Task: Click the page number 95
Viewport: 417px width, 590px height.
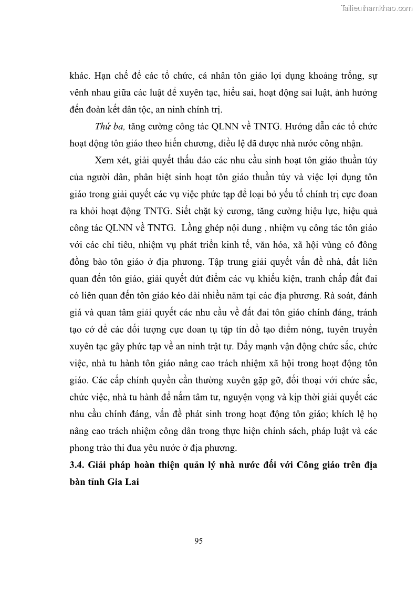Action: pos(198,541)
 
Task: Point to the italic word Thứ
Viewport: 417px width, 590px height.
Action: pos(103,127)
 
